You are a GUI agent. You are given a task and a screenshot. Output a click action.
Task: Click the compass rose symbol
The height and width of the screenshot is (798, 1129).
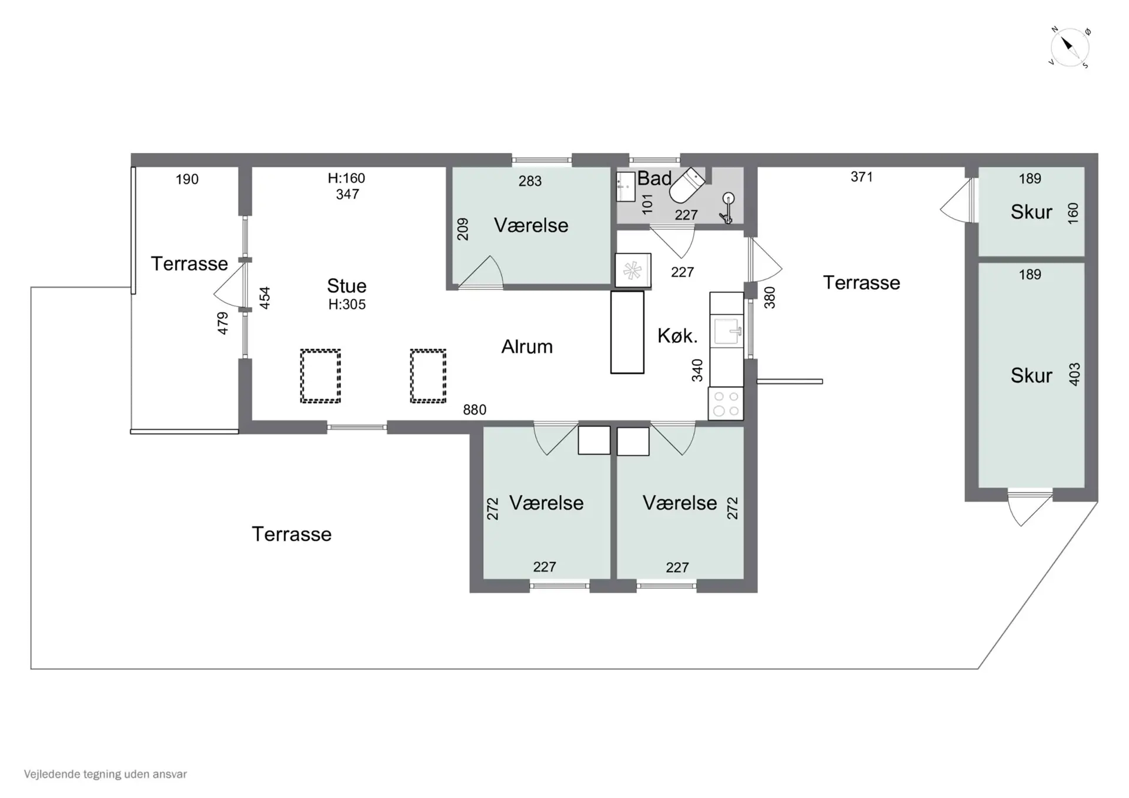coord(1070,48)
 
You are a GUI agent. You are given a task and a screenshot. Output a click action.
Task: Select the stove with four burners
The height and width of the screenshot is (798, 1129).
coord(726,403)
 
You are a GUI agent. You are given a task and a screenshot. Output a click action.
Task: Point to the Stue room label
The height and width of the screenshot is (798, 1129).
coord(346,286)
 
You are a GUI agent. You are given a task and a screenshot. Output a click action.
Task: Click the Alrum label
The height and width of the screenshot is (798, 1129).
coord(527,347)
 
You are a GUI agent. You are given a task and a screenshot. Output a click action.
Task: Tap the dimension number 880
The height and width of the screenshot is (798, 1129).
coord(475,410)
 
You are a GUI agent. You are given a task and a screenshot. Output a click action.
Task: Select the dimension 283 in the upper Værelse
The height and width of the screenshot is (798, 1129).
coord(530,181)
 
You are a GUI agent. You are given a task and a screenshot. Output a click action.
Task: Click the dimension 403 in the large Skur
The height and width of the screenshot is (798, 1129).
coord(1074,374)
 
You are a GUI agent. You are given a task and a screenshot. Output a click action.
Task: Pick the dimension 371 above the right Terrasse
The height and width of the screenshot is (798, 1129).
coord(861,177)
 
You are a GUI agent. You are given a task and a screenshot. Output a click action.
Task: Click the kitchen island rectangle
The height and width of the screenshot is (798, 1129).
coord(627,332)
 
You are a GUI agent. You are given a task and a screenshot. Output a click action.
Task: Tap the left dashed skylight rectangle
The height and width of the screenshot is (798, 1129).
coord(320,376)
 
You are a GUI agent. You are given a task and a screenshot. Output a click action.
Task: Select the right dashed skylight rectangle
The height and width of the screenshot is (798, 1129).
coord(428,376)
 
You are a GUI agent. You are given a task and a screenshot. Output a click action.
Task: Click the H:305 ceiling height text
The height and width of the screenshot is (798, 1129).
coord(347,305)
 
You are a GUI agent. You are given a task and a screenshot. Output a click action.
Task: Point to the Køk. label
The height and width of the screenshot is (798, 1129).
coord(677,336)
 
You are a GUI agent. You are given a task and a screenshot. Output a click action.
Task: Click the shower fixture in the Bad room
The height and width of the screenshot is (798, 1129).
coord(727,208)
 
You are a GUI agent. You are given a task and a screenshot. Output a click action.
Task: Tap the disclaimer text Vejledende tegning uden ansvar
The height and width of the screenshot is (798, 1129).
coord(105,774)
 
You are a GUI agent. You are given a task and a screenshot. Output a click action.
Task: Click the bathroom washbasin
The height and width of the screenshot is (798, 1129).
coord(626,186)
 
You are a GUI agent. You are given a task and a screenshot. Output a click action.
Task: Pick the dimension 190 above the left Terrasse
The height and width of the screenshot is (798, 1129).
coord(187,179)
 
